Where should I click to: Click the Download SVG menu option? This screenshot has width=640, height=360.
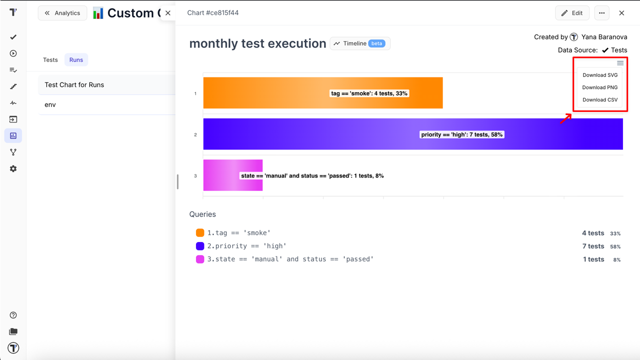point(600,75)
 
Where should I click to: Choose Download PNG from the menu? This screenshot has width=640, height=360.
point(600,87)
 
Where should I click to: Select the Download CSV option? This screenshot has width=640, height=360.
point(600,100)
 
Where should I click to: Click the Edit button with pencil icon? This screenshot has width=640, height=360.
point(572,13)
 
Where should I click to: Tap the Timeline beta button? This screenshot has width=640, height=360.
point(360,43)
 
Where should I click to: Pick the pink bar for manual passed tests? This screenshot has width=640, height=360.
point(220,175)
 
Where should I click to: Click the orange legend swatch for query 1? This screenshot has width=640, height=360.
point(200,233)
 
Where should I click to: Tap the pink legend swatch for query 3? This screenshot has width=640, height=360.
point(200,259)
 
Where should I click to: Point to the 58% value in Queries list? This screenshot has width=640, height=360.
point(615,246)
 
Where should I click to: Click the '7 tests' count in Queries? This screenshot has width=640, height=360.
point(593,246)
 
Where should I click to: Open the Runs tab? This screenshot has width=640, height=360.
point(76,60)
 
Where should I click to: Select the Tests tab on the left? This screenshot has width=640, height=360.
point(50,60)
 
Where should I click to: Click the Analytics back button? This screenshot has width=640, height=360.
point(62,13)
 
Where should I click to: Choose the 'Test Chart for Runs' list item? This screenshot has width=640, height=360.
point(74,85)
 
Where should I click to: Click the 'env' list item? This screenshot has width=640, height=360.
point(50,105)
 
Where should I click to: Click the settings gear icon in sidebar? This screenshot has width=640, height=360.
point(13,169)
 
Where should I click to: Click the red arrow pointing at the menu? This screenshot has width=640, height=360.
point(565,118)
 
